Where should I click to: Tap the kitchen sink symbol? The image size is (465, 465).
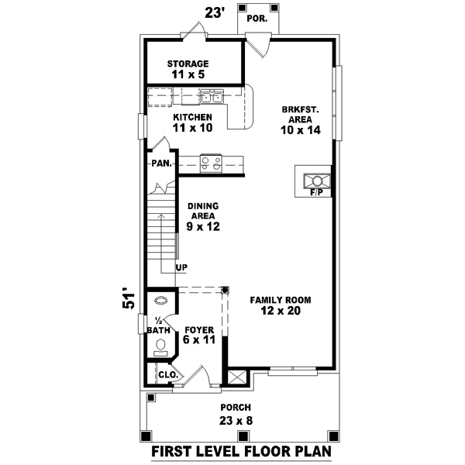(x=211, y=97)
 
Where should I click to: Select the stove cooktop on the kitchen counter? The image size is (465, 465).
(x=211, y=163)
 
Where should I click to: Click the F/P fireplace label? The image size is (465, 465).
(x=316, y=191)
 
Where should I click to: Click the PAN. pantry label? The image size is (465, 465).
(x=160, y=164)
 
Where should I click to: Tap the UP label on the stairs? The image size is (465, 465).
(x=181, y=268)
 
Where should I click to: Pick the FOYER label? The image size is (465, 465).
(x=198, y=329)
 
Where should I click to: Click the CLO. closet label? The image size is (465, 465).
(x=167, y=375)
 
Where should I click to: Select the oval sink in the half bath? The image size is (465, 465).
(x=161, y=301)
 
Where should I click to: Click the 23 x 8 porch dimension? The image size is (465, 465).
(x=236, y=421)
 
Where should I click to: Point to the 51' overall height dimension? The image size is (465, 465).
(x=129, y=301)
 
